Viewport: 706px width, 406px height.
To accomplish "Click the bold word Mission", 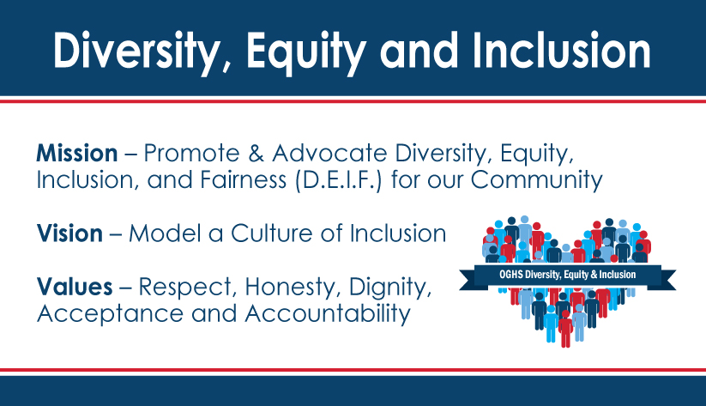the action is point(77,153).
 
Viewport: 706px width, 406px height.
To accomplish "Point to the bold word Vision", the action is point(69,233).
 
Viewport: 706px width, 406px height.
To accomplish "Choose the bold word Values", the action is point(75,287).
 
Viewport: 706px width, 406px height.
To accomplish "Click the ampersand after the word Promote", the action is point(256,153).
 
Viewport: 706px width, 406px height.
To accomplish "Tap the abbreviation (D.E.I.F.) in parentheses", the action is point(339,180).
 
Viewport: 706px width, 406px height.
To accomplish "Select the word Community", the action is point(536,180).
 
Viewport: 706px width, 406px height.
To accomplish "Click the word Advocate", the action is point(329,153).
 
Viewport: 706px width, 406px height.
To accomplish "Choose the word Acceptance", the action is point(111,313).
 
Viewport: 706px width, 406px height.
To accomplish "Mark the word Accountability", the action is point(328,313).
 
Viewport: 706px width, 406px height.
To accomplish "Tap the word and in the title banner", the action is point(419,51).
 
